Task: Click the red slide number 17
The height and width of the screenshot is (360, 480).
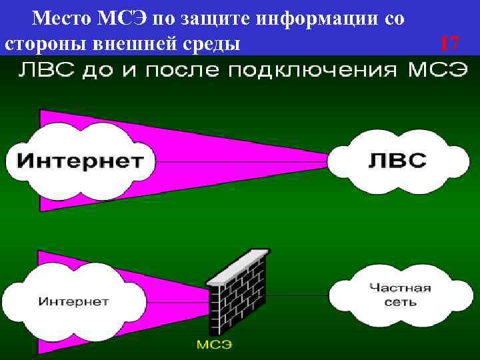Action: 449,44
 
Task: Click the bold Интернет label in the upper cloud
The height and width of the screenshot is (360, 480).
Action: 79,160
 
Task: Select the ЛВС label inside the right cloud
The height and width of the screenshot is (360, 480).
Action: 398,159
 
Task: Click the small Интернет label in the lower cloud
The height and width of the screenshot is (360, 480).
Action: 73,301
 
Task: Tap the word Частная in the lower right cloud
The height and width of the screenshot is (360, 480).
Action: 400,288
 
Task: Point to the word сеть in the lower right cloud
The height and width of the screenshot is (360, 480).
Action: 400,302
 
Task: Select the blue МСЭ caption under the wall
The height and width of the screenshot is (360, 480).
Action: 213,344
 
